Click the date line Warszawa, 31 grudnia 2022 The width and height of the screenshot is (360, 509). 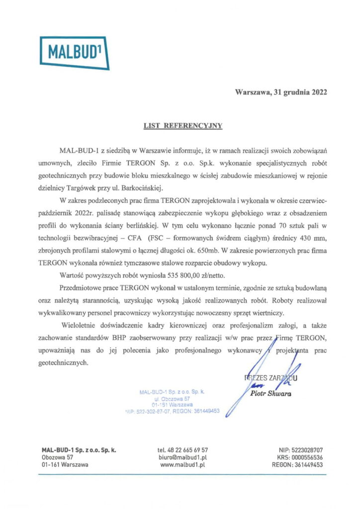click(281, 92)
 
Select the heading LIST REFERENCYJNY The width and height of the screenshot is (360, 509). click(180, 126)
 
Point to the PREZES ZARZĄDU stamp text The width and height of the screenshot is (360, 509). click(270, 378)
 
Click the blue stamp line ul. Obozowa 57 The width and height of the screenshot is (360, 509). click(173, 399)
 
